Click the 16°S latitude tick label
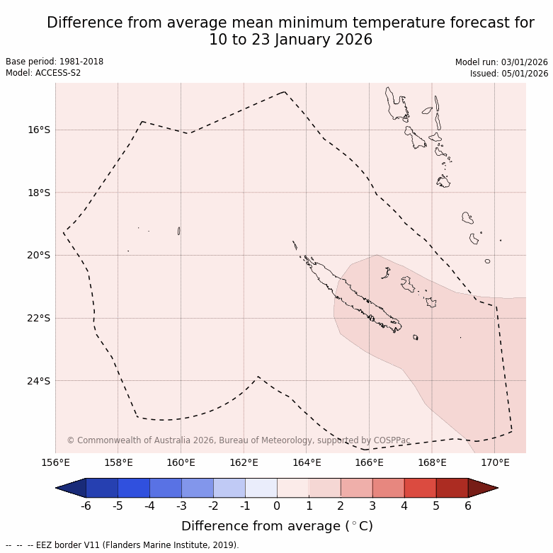39,130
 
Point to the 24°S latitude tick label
39,381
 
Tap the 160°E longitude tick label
181,463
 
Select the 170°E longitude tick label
494,463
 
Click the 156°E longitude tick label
55,463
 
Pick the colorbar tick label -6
86,506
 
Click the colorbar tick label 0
277,506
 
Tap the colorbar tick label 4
404,506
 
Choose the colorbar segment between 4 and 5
420,488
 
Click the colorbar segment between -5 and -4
133,488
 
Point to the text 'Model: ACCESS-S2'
43,73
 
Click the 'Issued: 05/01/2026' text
508,73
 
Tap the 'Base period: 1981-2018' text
55,62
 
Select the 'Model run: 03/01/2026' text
501,62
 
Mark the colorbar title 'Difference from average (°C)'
277,526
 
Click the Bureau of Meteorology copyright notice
239,440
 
